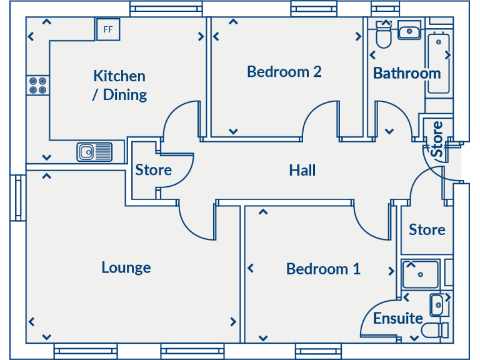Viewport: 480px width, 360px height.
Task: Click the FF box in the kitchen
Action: click(107, 29)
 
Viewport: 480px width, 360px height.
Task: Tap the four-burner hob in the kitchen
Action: click(37, 85)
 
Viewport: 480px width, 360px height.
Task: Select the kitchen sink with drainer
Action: click(94, 152)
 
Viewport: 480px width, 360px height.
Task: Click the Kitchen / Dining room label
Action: click(119, 85)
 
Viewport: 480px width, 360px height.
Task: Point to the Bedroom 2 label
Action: click(284, 72)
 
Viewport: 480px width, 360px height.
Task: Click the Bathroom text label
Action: click(407, 73)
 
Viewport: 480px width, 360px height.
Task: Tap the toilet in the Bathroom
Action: click(383, 37)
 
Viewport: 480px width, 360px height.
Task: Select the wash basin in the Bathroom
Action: click(410, 30)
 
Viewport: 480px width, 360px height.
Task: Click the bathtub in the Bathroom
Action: click(439, 62)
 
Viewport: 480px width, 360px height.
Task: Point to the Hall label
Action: click(302, 170)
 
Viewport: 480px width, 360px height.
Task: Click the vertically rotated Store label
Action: click(437, 139)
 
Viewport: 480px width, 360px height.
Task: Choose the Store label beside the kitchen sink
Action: click(153, 170)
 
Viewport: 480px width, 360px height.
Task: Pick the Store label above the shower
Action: click(427, 230)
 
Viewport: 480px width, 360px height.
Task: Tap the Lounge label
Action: click(126, 267)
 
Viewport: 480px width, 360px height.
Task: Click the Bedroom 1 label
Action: click(323, 269)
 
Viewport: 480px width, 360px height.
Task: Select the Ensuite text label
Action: click(398, 319)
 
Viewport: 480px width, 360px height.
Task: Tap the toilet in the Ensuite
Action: click(436, 330)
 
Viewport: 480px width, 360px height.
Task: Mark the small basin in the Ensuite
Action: click(437, 305)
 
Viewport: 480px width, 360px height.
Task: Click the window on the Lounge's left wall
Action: click(17, 198)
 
